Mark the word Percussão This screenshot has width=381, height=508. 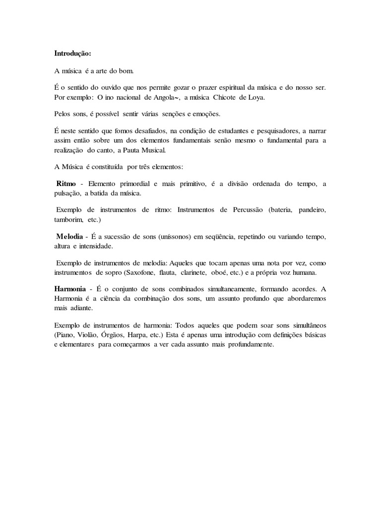243,210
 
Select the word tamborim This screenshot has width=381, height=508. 68,219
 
